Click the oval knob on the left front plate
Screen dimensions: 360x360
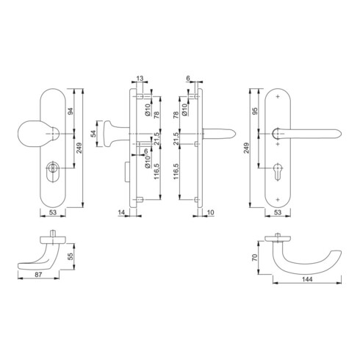(33, 134)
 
